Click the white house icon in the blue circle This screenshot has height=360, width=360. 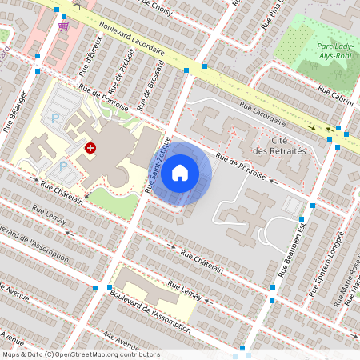(180, 173)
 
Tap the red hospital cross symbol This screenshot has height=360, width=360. (90, 148)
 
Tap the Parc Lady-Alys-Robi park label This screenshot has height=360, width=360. (325, 53)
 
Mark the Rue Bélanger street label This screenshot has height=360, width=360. (16, 110)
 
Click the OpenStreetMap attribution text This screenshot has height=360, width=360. (80, 354)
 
